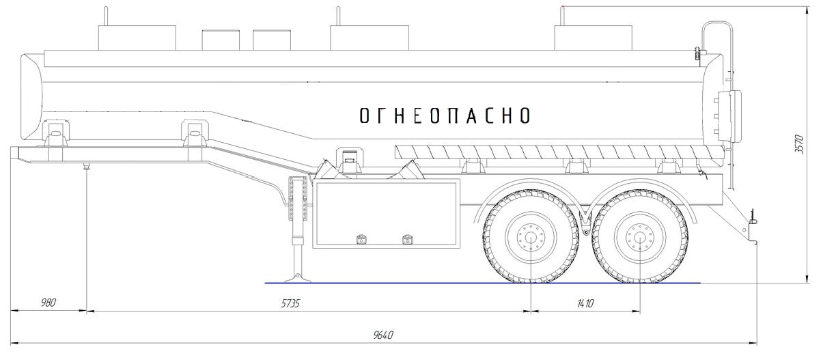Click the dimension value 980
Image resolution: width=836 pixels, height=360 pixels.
(x=48, y=302)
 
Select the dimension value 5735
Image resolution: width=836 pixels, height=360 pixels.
(x=290, y=303)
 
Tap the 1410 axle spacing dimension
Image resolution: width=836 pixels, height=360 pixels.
(x=585, y=303)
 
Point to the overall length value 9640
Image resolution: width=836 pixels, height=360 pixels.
(x=383, y=335)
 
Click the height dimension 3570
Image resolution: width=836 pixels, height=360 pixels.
(x=799, y=144)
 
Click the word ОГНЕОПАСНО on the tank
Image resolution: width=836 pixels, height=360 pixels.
(x=445, y=115)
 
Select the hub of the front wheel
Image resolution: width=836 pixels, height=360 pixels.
(x=531, y=237)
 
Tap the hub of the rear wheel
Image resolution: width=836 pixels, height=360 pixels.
(x=640, y=237)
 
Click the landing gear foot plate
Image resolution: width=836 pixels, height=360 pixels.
(x=298, y=279)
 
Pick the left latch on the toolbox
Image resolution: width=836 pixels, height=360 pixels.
(x=361, y=239)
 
